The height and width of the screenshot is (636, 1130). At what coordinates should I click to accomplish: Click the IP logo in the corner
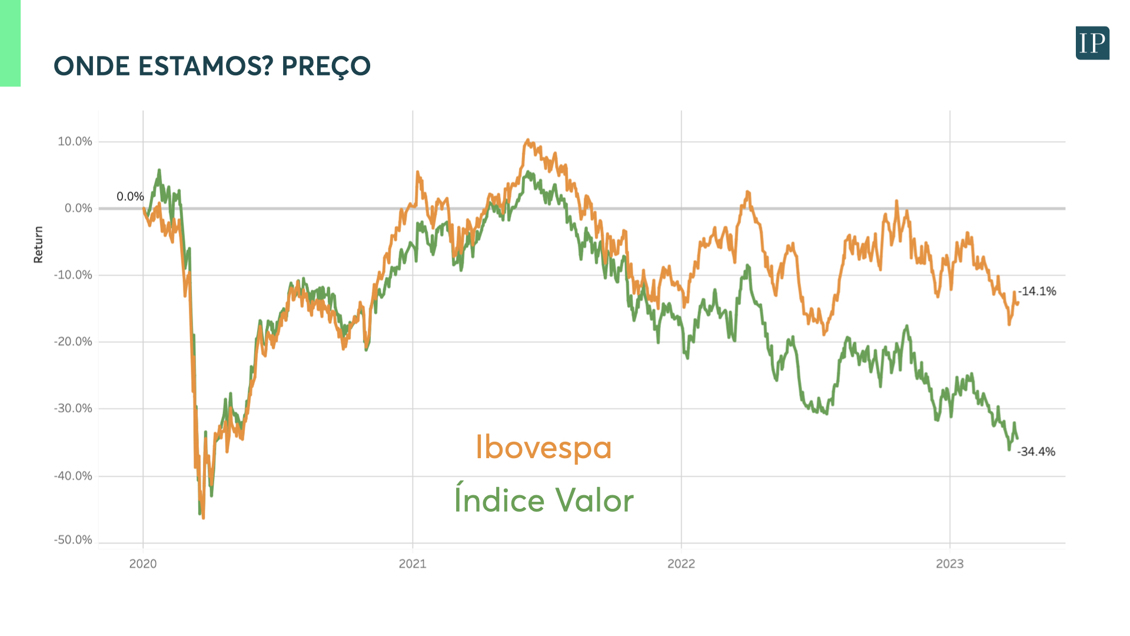(1092, 43)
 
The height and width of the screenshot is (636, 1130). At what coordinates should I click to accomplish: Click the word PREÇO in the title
(326, 67)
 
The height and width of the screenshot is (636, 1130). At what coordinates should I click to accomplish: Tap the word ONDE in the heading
(92, 67)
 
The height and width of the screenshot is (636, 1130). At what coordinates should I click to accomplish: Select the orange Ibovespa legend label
(543, 448)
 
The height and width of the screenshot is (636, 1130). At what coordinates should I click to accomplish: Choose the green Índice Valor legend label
(544, 501)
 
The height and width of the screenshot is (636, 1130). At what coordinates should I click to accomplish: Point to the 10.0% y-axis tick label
(75, 141)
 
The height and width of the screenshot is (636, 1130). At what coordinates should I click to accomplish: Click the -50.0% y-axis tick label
(73, 540)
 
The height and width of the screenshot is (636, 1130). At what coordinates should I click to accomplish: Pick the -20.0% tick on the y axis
(73, 342)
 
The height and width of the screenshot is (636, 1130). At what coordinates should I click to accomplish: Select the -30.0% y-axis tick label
(73, 408)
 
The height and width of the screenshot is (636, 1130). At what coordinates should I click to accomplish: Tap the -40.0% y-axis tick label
(73, 476)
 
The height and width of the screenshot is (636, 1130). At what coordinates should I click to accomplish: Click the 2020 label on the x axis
(143, 564)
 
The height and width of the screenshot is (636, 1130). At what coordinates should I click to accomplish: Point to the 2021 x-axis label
(413, 564)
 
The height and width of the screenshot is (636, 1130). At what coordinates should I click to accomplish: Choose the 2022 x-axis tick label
(681, 564)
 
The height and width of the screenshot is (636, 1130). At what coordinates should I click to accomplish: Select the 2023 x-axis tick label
(949, 564)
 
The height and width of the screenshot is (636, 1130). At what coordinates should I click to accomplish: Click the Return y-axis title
(39, 244)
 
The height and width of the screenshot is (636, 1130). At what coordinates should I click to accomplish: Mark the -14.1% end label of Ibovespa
(1037, 291)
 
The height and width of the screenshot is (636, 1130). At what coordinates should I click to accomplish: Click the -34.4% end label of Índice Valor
(1036, 452)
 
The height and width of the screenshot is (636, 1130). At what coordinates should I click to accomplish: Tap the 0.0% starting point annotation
(130, 197)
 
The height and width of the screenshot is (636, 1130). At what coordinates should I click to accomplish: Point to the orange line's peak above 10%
(527, 141)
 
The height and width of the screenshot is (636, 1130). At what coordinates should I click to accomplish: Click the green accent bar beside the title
(10, 43)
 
